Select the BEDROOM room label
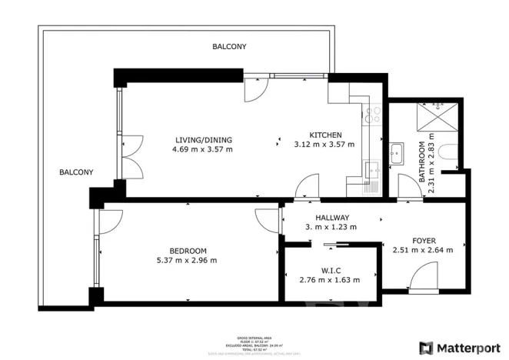tap(188, 250)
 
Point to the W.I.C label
tap(329, 269)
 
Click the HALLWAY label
tap(332, 218)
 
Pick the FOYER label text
tap(424, 240)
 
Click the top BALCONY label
tap(229, 47)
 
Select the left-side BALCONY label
tap(76, 172)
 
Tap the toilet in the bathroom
tap(453, 155)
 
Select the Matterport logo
tap(457, 348)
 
